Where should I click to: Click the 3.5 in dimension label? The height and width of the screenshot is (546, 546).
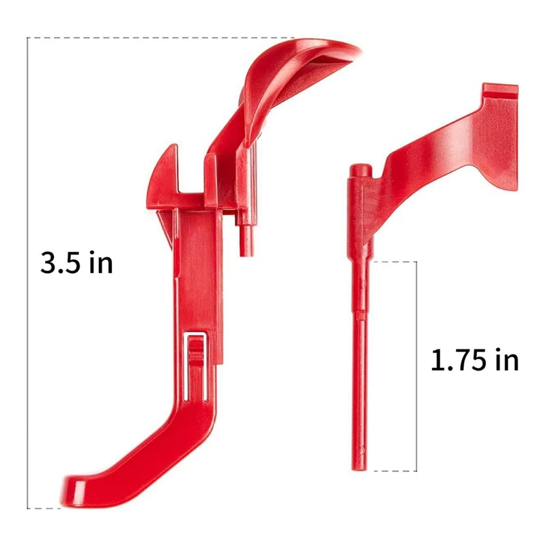click(x=76, y=263)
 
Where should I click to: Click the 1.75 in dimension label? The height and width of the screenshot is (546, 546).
click(x=474, y=360)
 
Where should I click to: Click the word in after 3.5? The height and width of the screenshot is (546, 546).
click(x=100, y=263)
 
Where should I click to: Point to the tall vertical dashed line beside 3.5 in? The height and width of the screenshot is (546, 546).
click(x=27, y=171)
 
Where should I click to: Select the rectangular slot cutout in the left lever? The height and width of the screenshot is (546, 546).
click(x=196, y=362)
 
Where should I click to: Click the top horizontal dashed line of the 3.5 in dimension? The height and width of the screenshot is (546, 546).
click(x=157, y=38)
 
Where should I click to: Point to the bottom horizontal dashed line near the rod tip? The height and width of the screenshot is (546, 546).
click(x=392, y=470)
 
